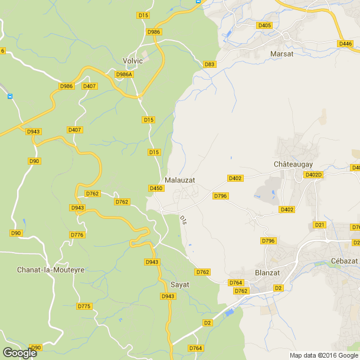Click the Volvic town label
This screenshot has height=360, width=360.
(x=133, y=61)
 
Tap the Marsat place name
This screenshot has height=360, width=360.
(x=282, y=54)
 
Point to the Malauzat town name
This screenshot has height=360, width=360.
(x=180, y=179)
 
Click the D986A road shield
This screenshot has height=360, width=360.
(x=125, y=74)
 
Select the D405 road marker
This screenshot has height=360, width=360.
(x=264, y=25)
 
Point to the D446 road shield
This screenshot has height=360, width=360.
(x=345, y=44)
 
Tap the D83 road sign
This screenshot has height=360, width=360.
(x=209, y=64)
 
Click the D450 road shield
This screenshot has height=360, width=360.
(x=156, y=188)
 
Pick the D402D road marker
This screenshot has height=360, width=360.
(x=313, y=175)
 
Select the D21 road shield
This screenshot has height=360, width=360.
(x=320, y=225)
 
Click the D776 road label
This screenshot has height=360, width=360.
(x=77, y=235)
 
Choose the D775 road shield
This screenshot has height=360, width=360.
(x=84, y=306)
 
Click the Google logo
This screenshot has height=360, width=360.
(x=19, y=353)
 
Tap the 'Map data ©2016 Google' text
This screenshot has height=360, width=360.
(x=323, y=355)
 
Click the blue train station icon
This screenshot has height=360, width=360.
(x=10, y=96)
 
